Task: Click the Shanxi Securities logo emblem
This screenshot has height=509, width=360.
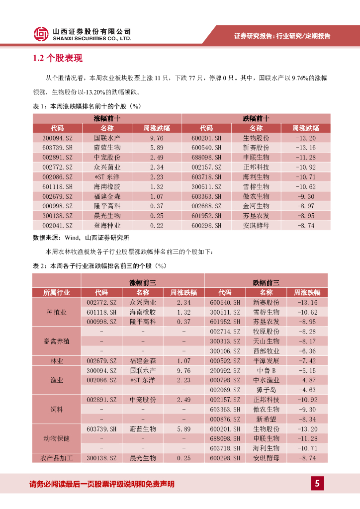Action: (41, 34)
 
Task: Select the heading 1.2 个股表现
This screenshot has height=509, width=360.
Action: (58, 59)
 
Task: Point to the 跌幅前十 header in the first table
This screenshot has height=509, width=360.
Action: (256, 118)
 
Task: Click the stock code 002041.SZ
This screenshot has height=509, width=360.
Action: (57, 225)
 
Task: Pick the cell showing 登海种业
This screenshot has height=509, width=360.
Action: (107, 225)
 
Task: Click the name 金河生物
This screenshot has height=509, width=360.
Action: (256, 206)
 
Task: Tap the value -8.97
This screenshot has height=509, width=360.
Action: (305, 206)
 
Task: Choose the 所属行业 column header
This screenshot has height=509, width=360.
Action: (57, 292)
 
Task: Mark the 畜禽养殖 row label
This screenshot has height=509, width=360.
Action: (57, 341)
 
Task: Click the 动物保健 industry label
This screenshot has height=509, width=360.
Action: (57, 438)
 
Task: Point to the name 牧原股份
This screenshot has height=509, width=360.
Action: (266, 332)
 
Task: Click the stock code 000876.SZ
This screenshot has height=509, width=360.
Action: (225, 419)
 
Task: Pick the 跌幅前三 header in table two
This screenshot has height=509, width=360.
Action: (266, 282)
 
